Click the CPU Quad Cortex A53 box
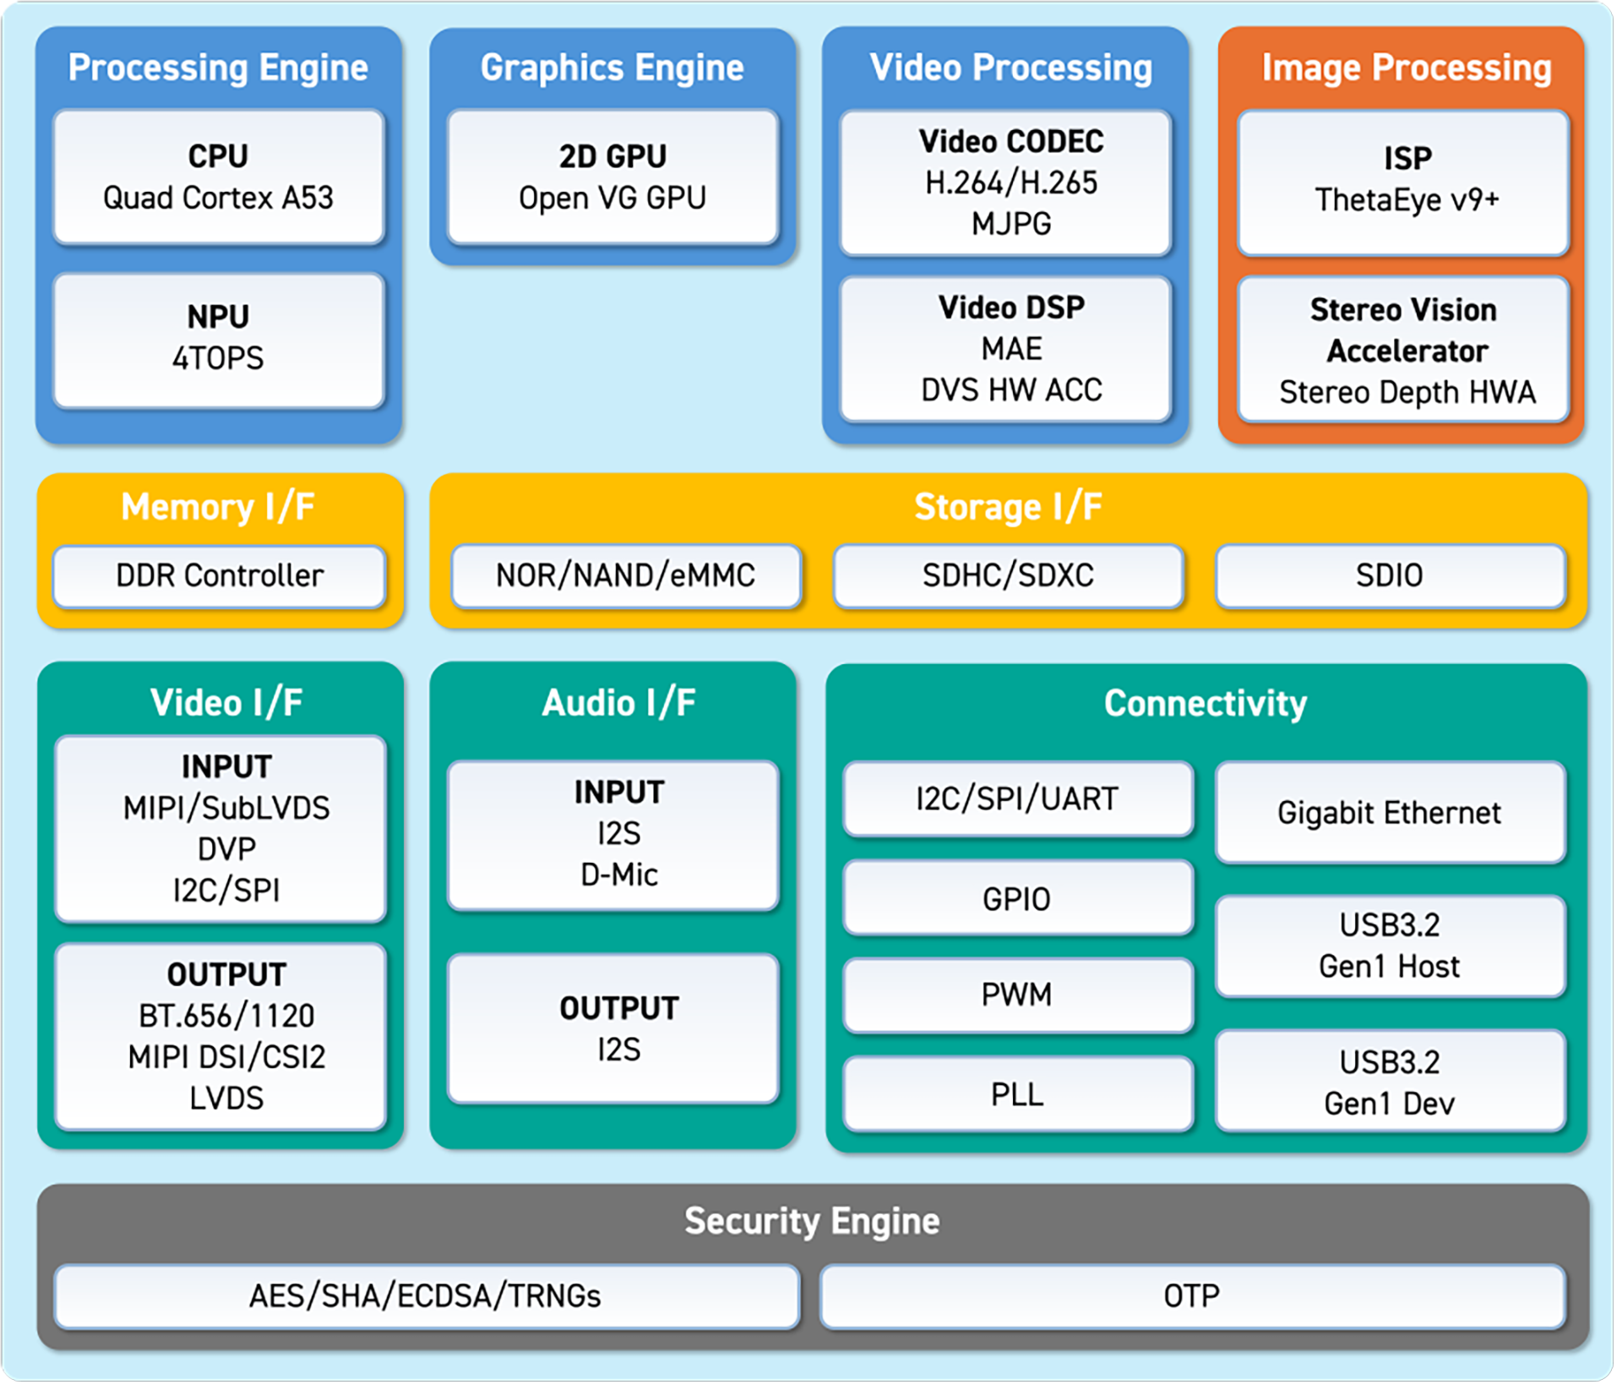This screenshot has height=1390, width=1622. [x=219, y=177]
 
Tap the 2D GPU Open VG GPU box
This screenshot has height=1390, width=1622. [x=612, y=177]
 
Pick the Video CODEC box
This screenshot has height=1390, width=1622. [x=1005, y=183]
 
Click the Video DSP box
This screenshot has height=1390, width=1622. [x=1005, y=348]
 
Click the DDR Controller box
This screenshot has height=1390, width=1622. [x=220, y=576]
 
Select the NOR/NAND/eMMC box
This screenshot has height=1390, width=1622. [x=626, y=576]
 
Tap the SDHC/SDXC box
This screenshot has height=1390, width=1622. [x=1008, y=576]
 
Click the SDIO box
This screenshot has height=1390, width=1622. [x=1391, y=576]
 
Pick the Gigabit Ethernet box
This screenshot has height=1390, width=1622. [x=1391, y=812]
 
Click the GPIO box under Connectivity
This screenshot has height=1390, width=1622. [x=1018, y=898]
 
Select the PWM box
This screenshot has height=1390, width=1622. [x=1018, y=995]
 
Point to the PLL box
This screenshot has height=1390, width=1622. [x=1018, y=1093]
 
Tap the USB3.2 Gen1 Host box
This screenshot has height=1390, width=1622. [x=1391, y=946]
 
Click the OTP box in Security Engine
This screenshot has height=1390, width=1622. [x=1192, y=1296]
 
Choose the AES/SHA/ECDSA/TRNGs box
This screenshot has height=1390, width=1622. [x=427, y=1296]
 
